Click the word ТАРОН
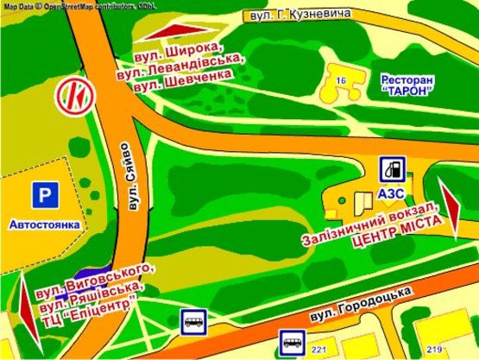point(406,93)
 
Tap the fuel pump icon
point(394,168)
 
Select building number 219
point(433,349)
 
